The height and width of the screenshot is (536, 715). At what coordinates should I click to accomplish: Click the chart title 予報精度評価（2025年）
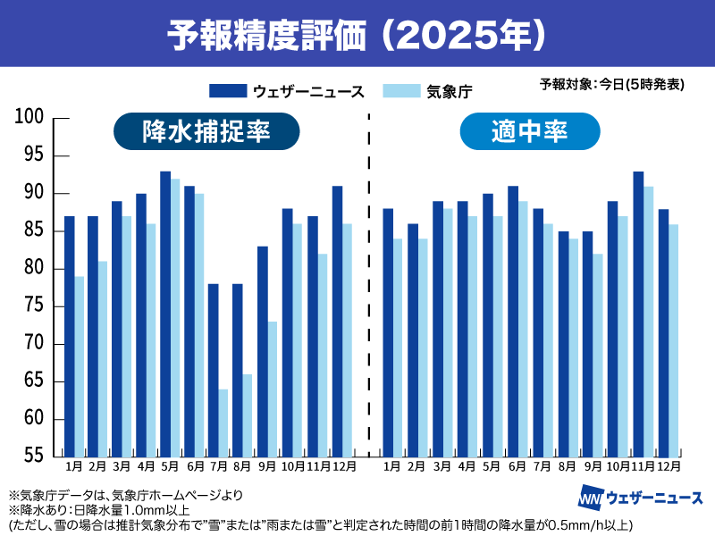357,33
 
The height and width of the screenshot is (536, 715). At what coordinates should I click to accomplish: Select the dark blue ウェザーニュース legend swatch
228,90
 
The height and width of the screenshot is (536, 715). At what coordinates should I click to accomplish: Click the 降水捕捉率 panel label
206,132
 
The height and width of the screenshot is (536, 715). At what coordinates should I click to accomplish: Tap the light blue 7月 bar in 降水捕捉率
223,423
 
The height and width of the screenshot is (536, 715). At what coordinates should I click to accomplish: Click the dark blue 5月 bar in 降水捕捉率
165,313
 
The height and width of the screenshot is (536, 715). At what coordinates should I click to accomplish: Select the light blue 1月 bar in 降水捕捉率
80,366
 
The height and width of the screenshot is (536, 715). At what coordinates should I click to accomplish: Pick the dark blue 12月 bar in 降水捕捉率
337,322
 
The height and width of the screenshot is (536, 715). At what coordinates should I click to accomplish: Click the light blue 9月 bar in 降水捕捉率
272,389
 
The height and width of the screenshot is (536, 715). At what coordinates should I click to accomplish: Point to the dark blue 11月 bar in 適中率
638,313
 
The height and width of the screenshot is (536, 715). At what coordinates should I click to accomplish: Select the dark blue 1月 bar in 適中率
388,332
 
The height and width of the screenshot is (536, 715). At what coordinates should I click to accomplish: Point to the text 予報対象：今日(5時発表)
612,85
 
